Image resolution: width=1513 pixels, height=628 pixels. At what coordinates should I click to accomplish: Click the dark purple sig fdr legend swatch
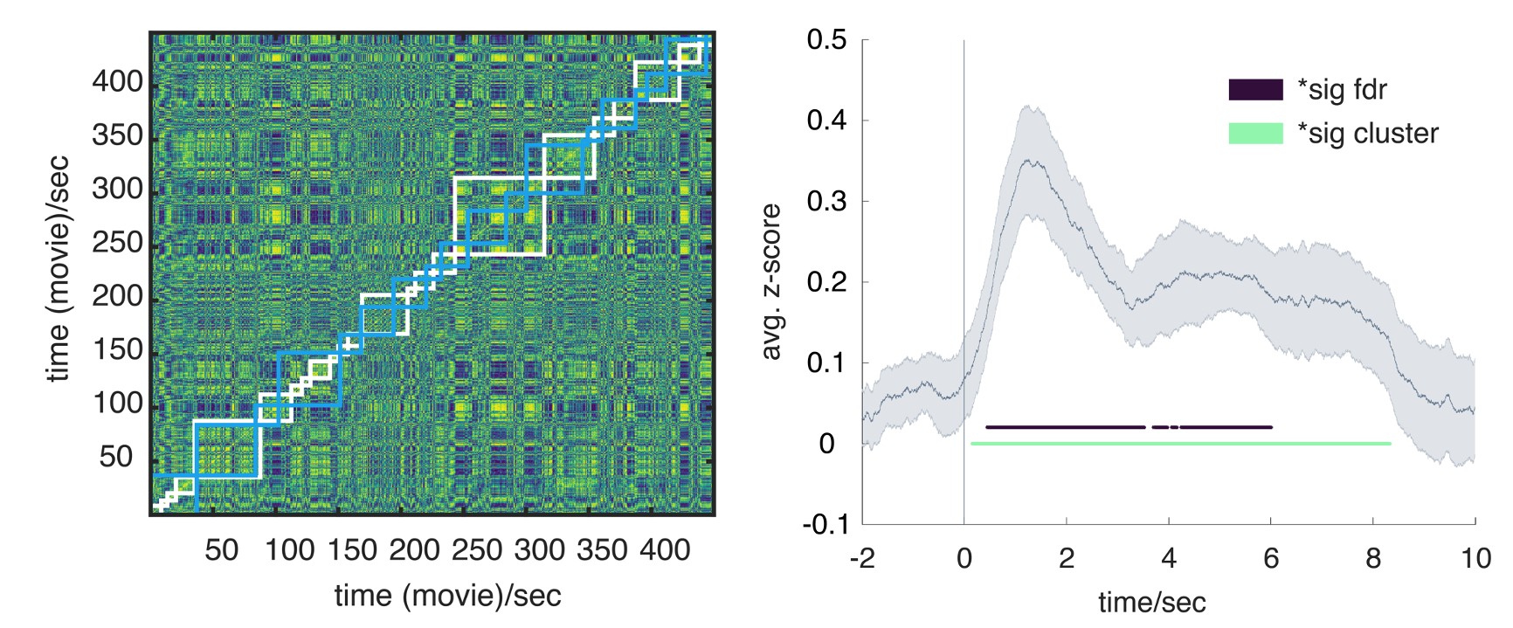(x=1255, y=89)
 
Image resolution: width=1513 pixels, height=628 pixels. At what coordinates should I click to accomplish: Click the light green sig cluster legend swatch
(x=1255, y=133)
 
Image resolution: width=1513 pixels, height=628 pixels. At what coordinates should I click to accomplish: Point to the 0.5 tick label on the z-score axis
(x=826, y=40)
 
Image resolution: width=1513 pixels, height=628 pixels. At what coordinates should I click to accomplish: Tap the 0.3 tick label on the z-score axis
(x=826, y=201)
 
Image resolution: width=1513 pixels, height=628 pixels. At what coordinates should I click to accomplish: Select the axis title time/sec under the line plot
(x=1151, y=602)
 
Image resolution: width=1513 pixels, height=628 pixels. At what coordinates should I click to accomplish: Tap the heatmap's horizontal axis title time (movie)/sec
(x=447, y=595)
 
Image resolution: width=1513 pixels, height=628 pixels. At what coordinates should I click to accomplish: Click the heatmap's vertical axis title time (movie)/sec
(x=58, y=269)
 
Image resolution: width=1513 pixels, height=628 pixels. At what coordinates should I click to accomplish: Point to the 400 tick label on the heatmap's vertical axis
(x=117, y=82)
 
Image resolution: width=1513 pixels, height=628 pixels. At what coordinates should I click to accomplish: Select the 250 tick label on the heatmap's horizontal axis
(x=478, y=549)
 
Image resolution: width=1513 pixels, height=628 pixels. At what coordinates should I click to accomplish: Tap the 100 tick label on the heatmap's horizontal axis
(x=289, y=549)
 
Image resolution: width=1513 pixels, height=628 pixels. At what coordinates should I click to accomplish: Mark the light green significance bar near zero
(x=1179, y=444)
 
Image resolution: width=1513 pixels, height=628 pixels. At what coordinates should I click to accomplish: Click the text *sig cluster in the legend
(x=1367, y=133)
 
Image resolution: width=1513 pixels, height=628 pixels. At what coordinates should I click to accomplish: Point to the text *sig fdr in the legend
(x=1342, y=89)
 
